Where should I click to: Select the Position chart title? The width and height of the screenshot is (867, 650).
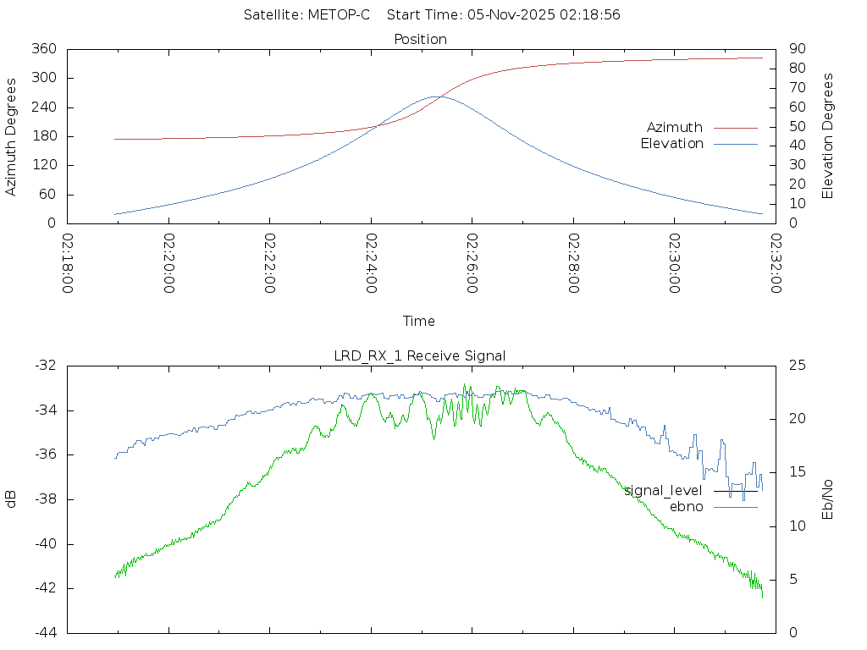(x=420, y=39)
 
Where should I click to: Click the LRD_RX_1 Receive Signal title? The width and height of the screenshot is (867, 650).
(x=420, y=355)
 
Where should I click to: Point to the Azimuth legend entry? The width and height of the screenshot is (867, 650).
(x=675, y=127)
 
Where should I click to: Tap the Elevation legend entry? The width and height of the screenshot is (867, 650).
(x=671, y=144)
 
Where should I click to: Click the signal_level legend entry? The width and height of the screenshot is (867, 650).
(x=664, y=491)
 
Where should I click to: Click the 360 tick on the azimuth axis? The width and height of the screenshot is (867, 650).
(x=43, y=49)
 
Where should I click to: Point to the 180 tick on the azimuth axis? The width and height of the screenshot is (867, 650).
(x=43, y=136)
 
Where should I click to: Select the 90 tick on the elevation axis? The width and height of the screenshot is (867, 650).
(x=795, y=49)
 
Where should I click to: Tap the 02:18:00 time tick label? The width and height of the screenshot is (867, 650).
(x=68, y=264)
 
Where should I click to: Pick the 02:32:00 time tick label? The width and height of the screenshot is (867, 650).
(x=775, y=264)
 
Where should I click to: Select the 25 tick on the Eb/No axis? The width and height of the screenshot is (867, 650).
(x=796, y=366)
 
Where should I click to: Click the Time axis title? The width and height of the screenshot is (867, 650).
(x=419, y=321)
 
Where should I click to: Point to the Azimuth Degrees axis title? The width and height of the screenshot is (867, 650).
(x=11, y=136)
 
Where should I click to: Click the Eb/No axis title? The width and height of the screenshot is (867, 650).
(x=829, y=499)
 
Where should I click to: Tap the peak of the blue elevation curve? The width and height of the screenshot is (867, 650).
(x=435, y=96)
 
